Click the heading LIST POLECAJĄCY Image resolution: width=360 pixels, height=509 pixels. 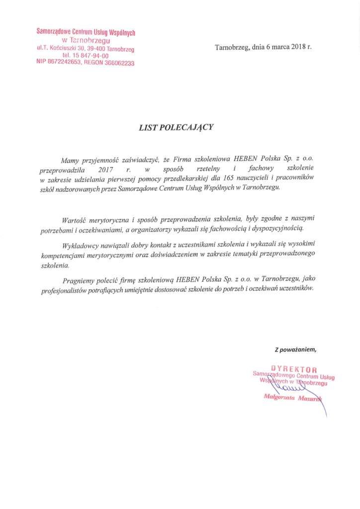(176, 127)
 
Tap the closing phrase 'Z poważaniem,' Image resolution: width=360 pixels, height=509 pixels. (295, 349)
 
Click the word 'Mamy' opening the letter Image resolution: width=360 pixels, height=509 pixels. (70, 160)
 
